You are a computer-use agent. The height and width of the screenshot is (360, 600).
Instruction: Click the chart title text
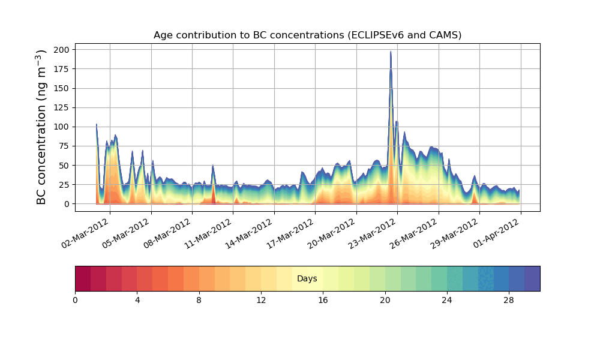307,35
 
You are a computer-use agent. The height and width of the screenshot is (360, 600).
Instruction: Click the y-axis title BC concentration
41,127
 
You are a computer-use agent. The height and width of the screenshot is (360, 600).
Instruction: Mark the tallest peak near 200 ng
391,52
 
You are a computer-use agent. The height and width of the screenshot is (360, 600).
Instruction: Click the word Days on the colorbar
307,279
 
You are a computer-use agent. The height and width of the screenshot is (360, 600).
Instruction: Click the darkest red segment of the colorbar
83,278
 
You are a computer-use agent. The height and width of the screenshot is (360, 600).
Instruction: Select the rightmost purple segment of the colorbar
532,278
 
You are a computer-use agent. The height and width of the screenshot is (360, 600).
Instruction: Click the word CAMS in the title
444,35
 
